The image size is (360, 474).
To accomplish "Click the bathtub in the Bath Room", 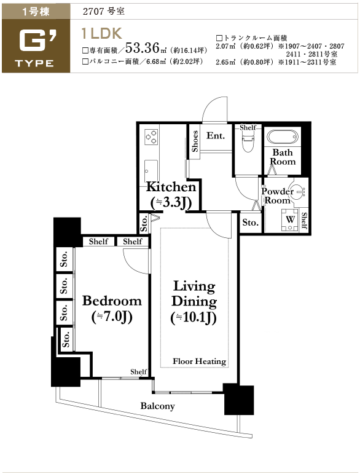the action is pos(283,137).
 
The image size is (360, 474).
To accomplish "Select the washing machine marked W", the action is pos(289,219).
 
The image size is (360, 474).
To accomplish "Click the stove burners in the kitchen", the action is pos(151,136).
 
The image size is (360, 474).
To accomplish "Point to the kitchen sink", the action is pos(151,171).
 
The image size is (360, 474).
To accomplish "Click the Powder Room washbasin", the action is pos(299,191).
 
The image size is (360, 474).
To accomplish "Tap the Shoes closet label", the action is pos(195,141).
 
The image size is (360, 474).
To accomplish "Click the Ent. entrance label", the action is pos(216,135).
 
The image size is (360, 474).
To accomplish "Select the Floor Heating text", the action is pos(199,361).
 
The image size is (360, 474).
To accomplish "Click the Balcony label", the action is pos(158,406).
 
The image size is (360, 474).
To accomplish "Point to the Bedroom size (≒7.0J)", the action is pos(112,317).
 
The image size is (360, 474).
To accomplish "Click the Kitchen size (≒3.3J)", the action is pos(171,203).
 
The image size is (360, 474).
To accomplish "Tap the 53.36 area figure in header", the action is pos(142,47).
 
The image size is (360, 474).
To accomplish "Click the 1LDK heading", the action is pos(102,34).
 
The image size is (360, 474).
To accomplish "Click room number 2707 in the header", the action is pos(93,12).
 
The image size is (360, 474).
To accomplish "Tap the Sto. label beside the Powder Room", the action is pos(251,223).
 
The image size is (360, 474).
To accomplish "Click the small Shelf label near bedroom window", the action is pos(139,371).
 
